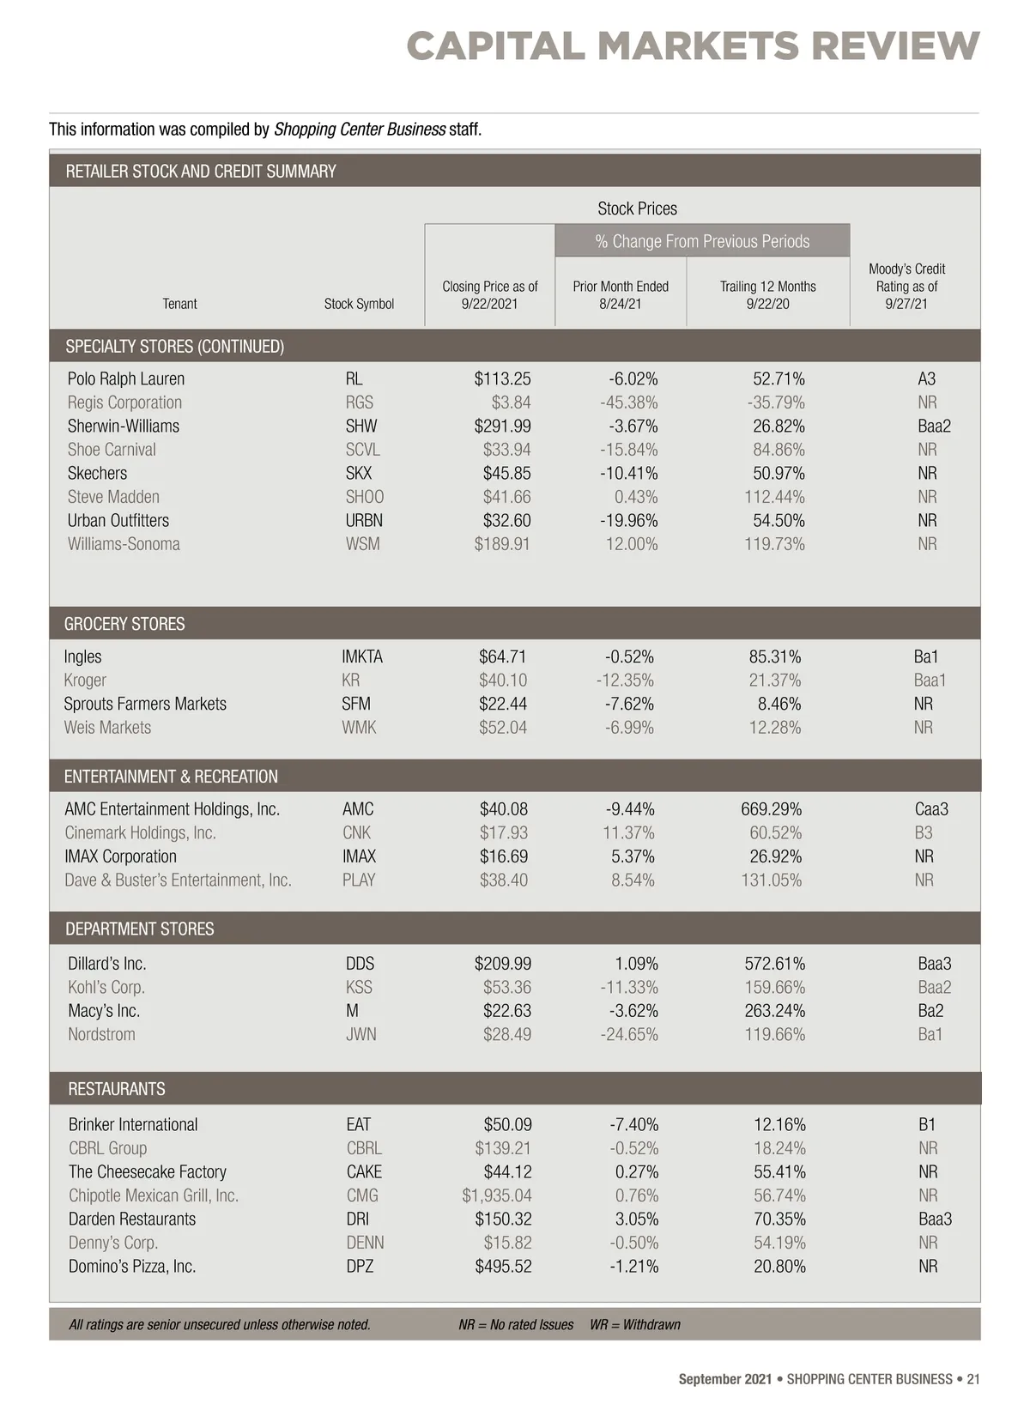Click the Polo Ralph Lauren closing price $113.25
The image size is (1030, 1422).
[x=502, y=378]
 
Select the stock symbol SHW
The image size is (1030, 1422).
[x=361, y=426]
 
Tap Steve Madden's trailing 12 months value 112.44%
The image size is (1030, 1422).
[x=774, y=497]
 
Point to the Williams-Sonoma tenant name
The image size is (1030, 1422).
[x=124, y=544]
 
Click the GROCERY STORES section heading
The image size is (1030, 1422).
[x=124, y=624]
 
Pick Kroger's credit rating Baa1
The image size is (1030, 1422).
[x=930, y=681]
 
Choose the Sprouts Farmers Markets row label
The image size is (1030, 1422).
[x=145, y=704]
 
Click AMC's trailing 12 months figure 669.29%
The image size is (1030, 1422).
[x=771, y=809]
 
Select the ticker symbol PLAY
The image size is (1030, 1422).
[x=359, y=880]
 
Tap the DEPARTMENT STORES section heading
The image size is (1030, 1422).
[x=140, y=929]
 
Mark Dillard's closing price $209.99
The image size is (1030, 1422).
[x=502, y=964]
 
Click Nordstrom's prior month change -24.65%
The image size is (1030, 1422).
[x=629, y=1034]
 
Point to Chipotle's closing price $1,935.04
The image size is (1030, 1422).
[x=497, y=1195]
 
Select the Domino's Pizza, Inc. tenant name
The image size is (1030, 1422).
[x=132, y=1266]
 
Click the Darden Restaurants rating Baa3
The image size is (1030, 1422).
[x=935, y=1219]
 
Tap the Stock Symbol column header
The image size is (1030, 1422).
[x=359, y=304]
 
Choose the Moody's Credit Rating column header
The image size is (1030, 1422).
[x=906, y=286]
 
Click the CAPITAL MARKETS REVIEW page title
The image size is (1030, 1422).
[x=693, y=45]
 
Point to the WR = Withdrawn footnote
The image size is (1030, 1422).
[x=635, y=1324]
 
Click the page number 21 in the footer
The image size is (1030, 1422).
[x=972, y=1379]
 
